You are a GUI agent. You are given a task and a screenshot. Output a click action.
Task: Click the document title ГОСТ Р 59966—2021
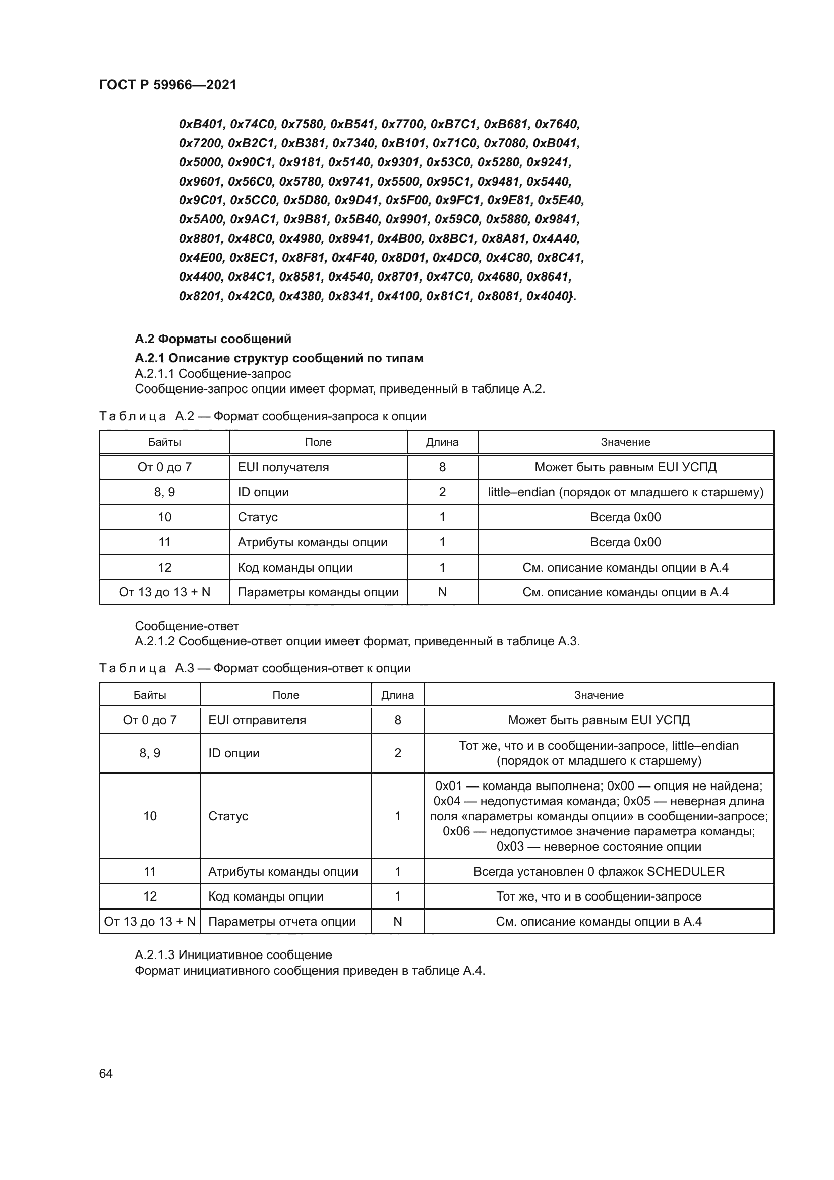pos(168,85)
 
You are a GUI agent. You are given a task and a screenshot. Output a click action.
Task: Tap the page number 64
pos(106,1074)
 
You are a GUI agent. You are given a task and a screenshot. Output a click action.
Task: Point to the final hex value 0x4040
pos(549,296)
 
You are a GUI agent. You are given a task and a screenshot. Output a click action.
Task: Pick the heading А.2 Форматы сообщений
pos(213,339)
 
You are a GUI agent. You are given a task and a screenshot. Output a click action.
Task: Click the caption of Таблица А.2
pos(262,416)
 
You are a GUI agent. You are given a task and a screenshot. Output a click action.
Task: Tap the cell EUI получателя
pos(283,467)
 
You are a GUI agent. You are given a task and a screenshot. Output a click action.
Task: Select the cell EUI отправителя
pos(257,720)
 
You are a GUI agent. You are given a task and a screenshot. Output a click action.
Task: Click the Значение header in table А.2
pos(625,442)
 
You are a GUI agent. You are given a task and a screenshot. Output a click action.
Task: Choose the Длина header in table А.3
pos(397,695)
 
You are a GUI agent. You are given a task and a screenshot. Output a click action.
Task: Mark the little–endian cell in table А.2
pos(625,492)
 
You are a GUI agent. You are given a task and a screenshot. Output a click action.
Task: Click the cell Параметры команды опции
pos(318,592)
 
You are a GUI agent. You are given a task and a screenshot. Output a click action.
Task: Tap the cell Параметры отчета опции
pos(282,922)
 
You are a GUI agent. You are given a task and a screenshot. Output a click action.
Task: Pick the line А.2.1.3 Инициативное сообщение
pos(233,955)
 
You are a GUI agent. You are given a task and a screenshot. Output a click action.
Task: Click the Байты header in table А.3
pos(149,695)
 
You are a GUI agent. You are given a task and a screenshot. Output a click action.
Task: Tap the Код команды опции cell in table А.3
pos(266,896)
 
